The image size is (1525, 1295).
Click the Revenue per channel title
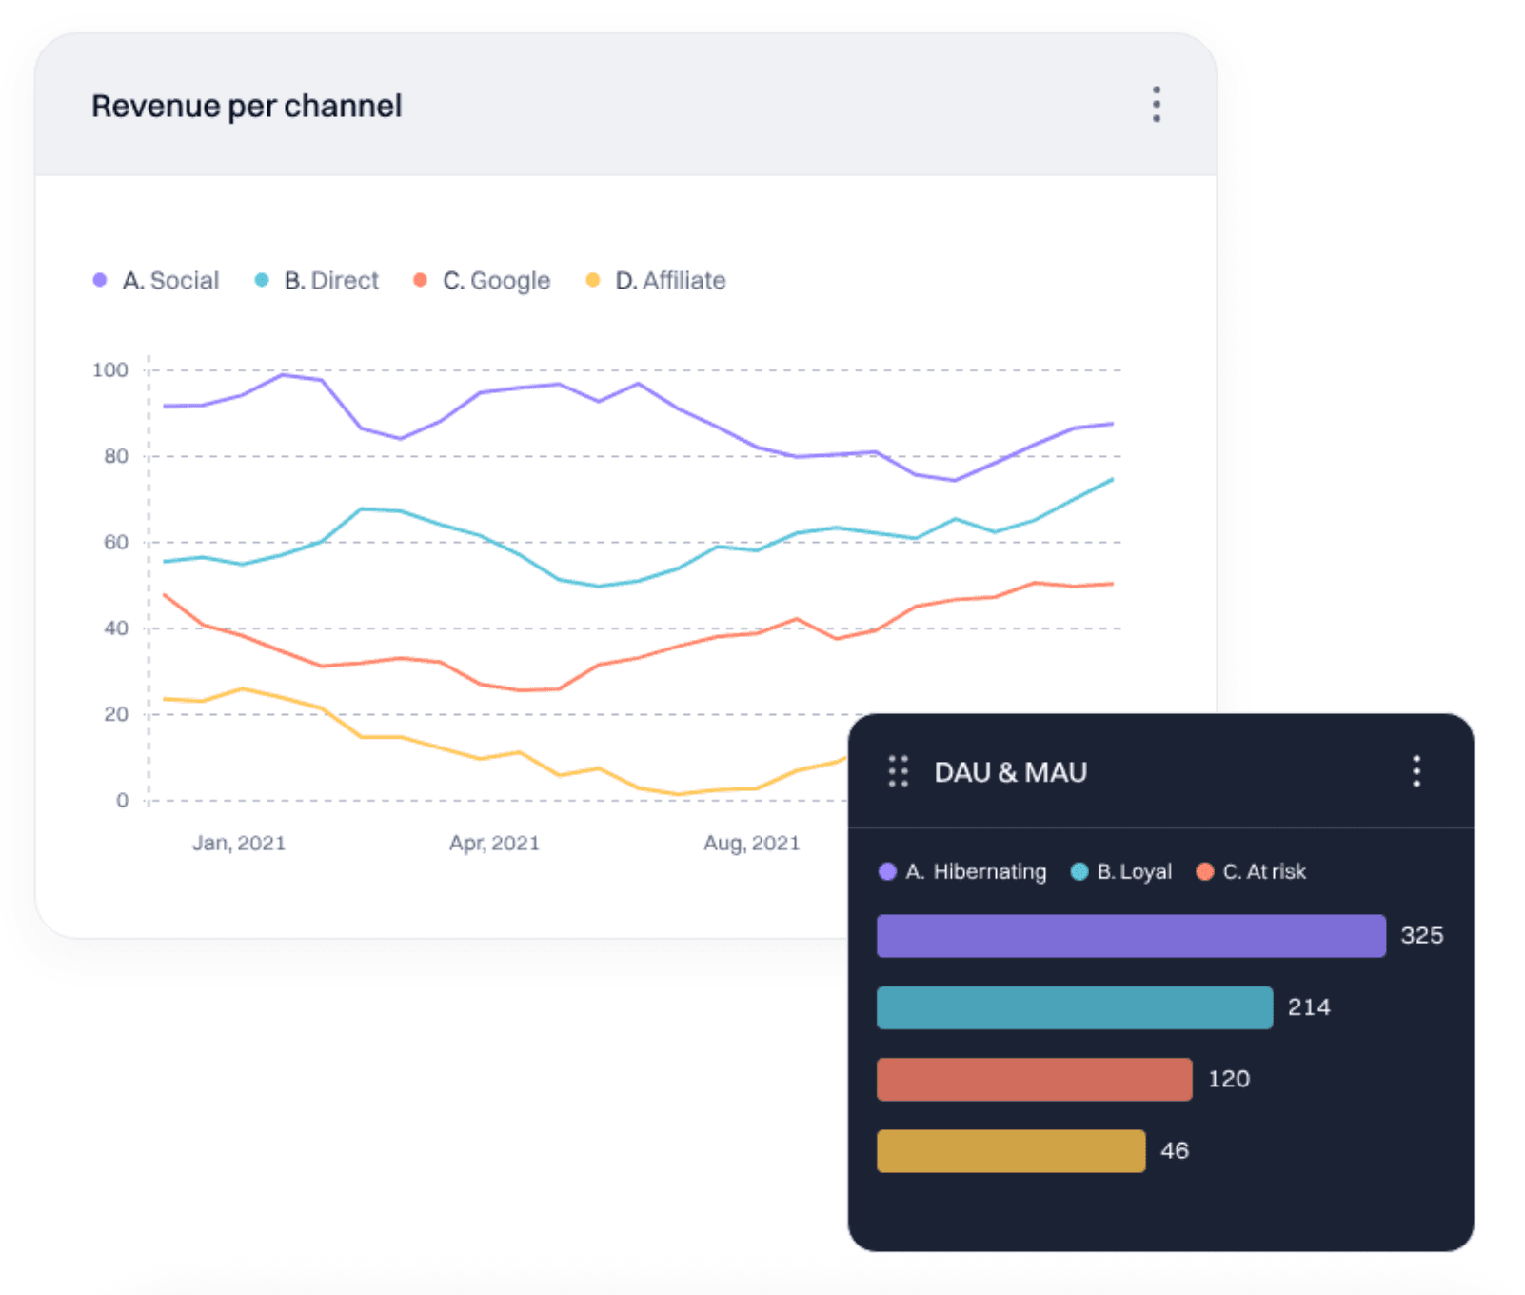[247, 106]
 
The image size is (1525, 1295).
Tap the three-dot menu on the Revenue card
[1156, 104]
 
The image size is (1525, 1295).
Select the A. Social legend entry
[157, 280]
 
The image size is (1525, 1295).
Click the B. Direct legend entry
[318, 280]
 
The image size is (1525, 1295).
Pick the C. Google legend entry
[483, 280]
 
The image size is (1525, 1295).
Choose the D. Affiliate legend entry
[657, 280]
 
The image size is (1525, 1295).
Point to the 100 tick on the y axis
[109, 369]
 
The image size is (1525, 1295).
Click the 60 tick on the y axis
[115, 542]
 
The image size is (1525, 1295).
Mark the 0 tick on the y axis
[122, 800]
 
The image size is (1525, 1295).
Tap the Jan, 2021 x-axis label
[239, 843]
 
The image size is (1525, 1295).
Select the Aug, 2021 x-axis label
[751, 843]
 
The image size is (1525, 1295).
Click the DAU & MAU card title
[1010, 772]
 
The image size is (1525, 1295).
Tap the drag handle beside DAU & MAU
[898, 771]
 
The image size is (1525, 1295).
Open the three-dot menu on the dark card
[1416, 770]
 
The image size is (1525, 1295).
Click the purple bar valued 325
[1130, 935]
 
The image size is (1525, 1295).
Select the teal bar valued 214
[1074, 1007]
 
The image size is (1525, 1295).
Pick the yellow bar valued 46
[1010, 1150]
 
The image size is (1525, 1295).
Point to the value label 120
[1228, 1079]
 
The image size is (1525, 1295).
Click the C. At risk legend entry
[1252, 871]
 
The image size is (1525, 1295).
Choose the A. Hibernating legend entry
[963, 871]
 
